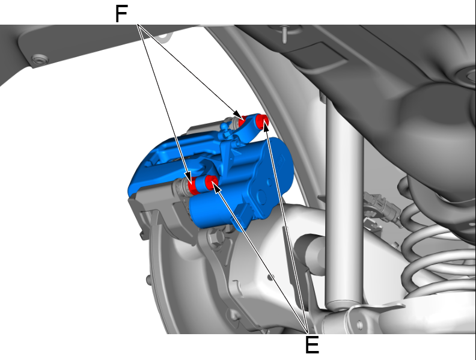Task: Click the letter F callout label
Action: click(x=121, y=14)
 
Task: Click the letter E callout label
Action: click(x=312, y=344)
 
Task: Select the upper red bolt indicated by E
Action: click(x=261, y=121)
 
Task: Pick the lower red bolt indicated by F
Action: click(x=192, y=186)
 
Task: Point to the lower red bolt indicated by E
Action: click(x=211, y=183)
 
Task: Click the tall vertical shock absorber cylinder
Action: click(x=344, y=200)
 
